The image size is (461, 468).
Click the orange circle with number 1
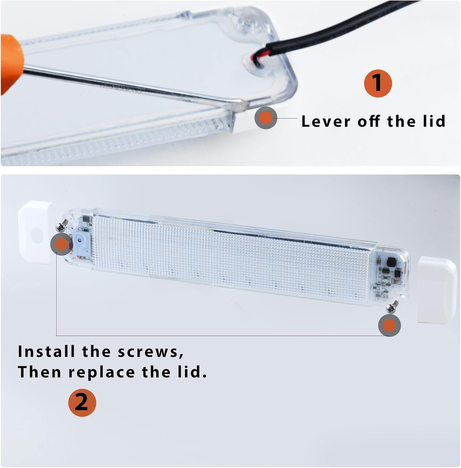(378, 83)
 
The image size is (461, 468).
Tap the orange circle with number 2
(82, 402)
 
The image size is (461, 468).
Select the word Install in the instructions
(47, 351)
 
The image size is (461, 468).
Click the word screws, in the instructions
(151, 352)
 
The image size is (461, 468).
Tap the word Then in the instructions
(39, 372)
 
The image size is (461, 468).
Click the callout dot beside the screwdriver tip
(266, 118)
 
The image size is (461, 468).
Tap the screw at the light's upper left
(63, 225)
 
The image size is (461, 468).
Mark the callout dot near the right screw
(389, 325)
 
